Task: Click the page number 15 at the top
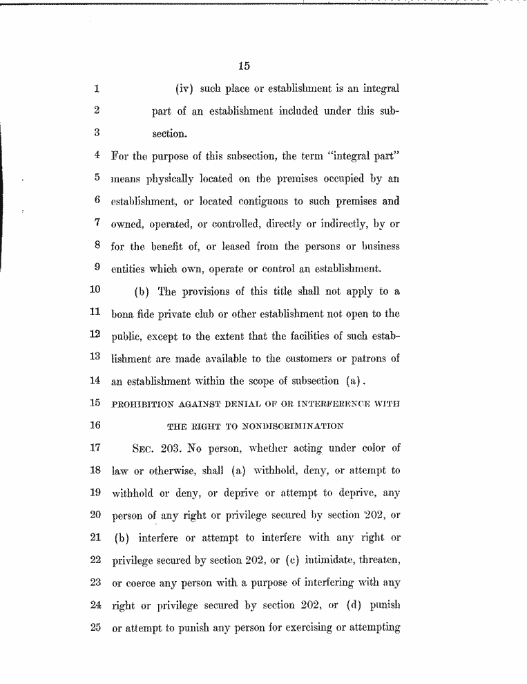click(x=243, y=66)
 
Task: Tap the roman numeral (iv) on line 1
click(x=186, y=89)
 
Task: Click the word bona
click(x=122, y=314)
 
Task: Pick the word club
click(x=201, y=314)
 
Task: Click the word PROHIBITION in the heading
click(x=140, y=403)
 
